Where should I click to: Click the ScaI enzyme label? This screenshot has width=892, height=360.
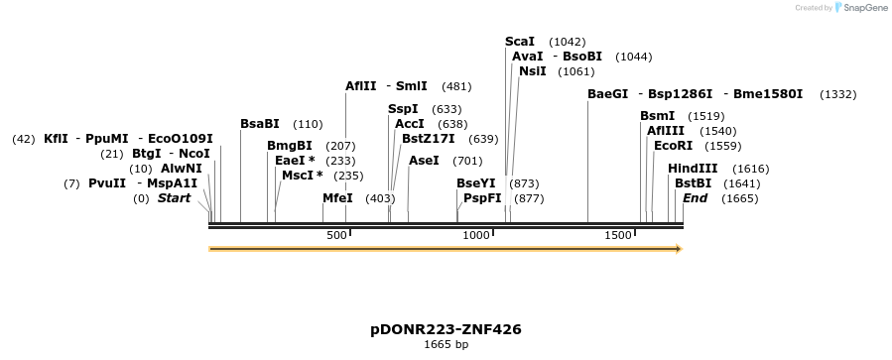pos(519,42)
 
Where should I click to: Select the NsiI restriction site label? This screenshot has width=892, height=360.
pos(532,71)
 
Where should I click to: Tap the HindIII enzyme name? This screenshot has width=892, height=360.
pos(693,169)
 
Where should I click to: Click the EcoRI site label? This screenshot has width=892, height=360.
pos(673,146)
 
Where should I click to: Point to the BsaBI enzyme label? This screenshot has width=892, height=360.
pos(260,124)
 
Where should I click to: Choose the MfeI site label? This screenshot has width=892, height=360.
pos(337,198)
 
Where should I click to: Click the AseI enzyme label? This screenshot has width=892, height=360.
pos(424,161)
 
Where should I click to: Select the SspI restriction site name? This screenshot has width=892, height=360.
pos(403,109)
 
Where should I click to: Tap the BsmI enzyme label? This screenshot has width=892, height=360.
pos(657,116)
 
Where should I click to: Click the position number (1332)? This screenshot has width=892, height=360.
pos(838,94)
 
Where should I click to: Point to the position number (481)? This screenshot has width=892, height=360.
pos(456,86)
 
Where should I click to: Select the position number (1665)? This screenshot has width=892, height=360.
pos(740,199)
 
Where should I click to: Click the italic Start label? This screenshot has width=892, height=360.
pos(174,198)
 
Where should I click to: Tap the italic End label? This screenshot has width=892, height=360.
pos(695,198)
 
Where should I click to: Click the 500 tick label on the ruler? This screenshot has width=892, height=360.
pos(336,235)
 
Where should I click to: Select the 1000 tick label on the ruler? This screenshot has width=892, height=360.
pos(476,235)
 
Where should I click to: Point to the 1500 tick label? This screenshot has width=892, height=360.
pos(618,235)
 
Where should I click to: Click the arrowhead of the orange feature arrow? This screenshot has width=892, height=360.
pos(678,249)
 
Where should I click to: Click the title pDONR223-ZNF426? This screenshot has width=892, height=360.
pos(446,329)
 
